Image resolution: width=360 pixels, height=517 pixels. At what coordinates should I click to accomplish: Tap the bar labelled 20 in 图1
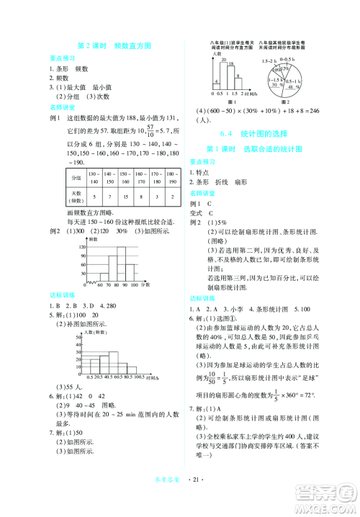point(222,72)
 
